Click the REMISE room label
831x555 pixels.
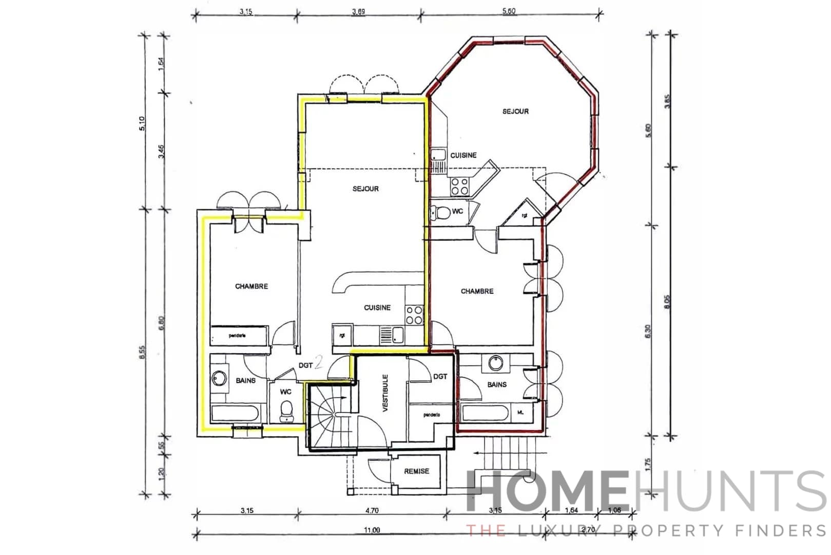pos(416,471)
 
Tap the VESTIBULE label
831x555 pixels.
pos(385,393)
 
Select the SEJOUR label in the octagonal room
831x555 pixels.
pos(515,112)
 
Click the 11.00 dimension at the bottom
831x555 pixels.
pos(372,530)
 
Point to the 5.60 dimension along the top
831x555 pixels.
pos(509,11)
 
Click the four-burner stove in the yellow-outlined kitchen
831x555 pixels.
pos(414,315)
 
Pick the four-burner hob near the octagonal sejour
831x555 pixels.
pos(459,186)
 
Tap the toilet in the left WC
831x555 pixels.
pos(286,410)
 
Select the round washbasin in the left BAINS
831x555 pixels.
pos(219,379)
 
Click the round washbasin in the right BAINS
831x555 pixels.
pos(495,363)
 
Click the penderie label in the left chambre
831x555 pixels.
pos(237,336)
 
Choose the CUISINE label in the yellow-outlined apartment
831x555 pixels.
pos(377,308)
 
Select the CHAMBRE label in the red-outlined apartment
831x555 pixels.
pos(477,291)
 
